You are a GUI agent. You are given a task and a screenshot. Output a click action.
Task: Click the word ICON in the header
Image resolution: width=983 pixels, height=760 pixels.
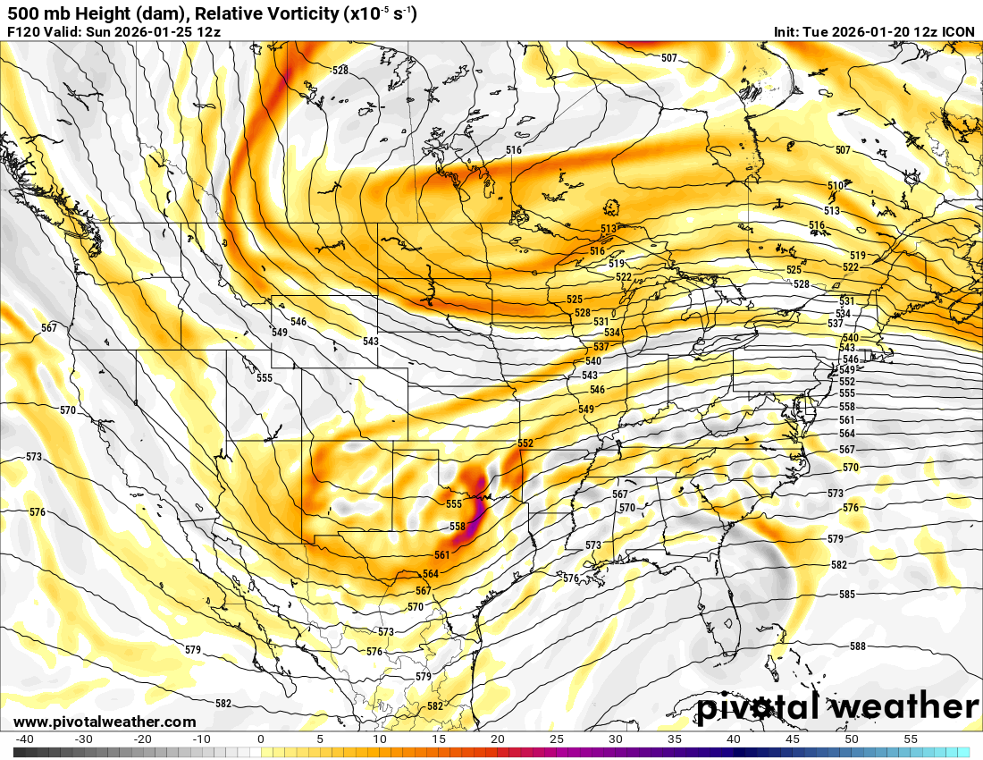tap(959, 31)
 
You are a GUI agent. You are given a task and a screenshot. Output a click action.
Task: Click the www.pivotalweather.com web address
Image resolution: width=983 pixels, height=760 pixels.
tap(105, 722)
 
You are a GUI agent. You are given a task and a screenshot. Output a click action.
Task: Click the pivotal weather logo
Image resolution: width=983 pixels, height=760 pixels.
tap(837, 706)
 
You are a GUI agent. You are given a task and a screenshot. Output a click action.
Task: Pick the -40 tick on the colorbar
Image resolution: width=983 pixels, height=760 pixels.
tap(24, 739)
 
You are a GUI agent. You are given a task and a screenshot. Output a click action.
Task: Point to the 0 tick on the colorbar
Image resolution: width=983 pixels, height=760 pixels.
tap(260, 739)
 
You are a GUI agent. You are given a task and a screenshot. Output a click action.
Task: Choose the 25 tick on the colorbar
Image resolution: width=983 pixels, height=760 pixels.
tap(557, 739)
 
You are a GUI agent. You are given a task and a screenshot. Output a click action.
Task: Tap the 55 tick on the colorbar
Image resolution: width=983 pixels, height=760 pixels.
tap(911, 739)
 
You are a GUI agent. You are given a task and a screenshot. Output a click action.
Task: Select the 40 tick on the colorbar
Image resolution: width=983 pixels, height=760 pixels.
tap(734, 739)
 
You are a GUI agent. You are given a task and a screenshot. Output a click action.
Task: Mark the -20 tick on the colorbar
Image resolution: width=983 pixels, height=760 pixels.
tap(142, 739)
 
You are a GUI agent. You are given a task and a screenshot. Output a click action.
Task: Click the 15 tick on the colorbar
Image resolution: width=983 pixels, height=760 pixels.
tap(438, 739)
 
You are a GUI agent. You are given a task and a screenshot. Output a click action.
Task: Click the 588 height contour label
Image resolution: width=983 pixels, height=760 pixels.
tap(858, 646)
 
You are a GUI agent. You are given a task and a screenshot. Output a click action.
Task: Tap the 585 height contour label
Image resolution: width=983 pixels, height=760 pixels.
tap(848, 595)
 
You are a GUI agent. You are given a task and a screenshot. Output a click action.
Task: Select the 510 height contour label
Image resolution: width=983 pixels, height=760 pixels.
tap(835, 185)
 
